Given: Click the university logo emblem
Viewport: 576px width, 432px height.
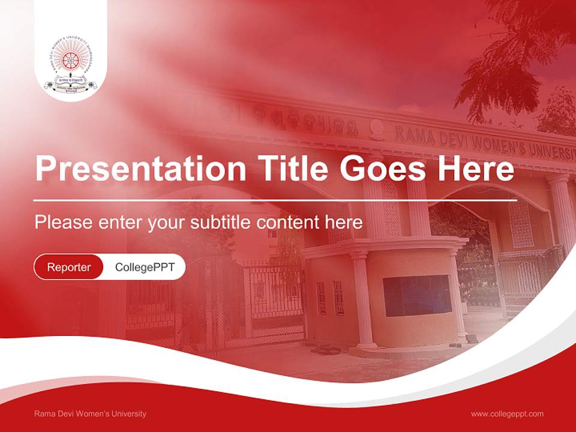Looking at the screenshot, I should coord(71,68).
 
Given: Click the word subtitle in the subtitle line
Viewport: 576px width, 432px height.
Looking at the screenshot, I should coord(223,223).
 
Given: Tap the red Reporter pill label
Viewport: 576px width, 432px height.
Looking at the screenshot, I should coord(69,267).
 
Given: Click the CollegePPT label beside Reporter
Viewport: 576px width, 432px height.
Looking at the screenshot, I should coord(145,267).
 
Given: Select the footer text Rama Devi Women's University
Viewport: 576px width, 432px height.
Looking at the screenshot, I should coord(90,414).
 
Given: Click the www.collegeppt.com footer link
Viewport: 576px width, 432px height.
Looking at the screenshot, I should coord(507,414).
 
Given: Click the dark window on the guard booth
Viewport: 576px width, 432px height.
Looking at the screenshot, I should coord(417,295).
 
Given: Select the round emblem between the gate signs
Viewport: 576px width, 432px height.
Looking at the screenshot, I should coord(377,128).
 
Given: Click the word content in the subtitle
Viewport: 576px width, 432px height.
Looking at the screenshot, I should coord(292,223).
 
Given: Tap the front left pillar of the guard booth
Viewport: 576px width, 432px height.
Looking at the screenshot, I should coord(362,300).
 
